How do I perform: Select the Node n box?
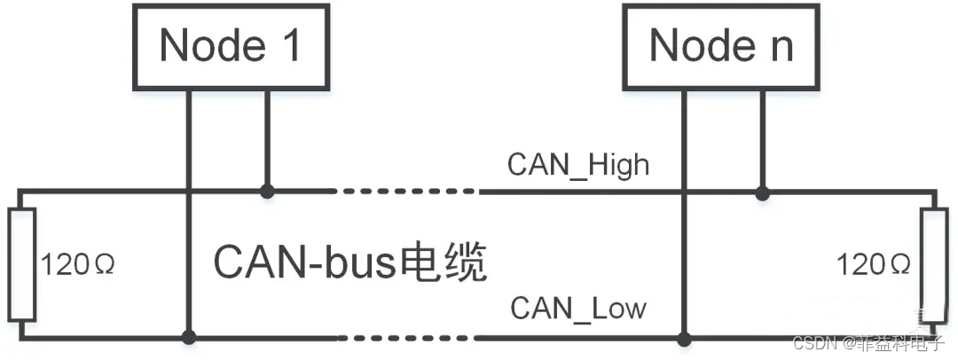coord(720,45)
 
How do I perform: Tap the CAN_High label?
coord(578,165)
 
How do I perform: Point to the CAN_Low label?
coord(578,309)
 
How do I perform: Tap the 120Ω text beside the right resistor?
coord(874,264)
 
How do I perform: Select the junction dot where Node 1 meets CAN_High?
coord(266,191)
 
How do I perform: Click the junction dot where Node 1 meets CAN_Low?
coord(189,337)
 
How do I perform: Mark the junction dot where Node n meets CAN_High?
coord(761,191)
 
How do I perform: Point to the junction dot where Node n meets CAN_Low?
coord(684,337)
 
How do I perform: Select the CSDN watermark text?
coord(813,344)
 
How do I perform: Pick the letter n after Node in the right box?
coord(781,46)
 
